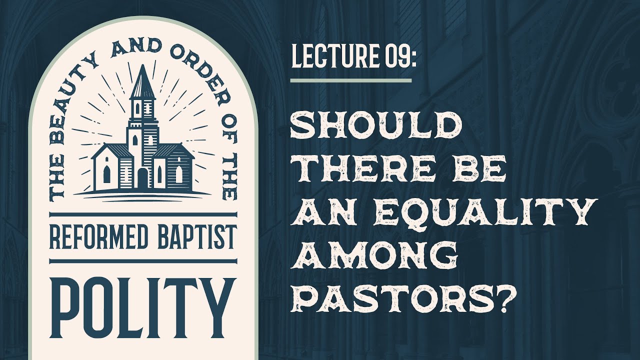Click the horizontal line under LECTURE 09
tap(350, 80)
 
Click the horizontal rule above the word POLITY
tap(142, 260)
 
